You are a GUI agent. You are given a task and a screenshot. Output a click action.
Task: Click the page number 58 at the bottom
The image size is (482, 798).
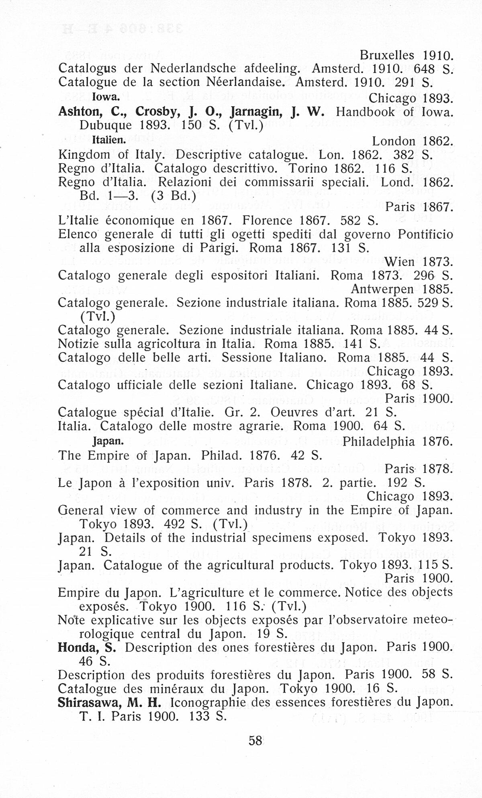point(255,740)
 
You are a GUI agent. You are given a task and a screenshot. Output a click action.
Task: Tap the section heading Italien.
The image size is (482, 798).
point(109,140)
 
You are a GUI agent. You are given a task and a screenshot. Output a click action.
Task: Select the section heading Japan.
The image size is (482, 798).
point(108,441)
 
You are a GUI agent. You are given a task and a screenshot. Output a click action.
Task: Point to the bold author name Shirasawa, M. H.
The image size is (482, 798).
point(109,702)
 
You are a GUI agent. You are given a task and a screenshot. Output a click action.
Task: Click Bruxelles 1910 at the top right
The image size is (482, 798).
point(406,55)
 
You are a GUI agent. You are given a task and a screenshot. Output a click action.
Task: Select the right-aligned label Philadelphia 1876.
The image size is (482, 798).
point(398,442)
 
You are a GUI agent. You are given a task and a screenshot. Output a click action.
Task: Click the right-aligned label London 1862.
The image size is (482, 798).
point(413,141)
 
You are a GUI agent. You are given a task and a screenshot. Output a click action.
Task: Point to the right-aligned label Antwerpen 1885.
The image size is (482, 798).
point(402,289)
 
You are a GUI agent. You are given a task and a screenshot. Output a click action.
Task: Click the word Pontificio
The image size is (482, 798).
point(425,234)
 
